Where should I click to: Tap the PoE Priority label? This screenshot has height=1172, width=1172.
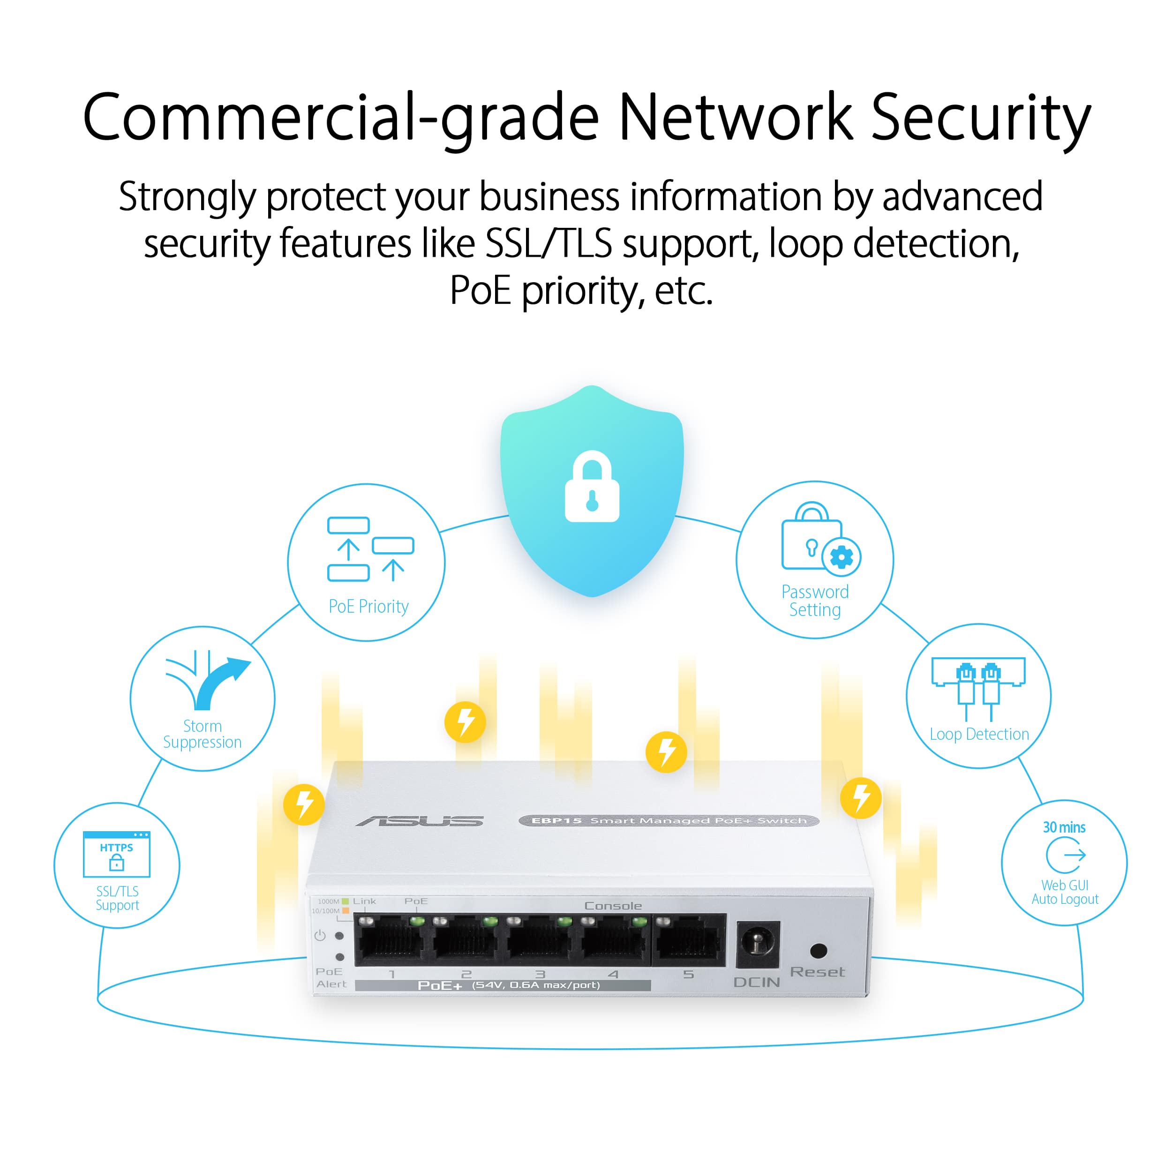(368, 606)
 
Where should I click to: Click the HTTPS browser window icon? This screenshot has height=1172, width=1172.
(116, 854)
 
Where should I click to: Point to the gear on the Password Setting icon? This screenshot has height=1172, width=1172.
(841, 557)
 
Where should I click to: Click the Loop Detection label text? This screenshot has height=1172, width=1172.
(979, 734)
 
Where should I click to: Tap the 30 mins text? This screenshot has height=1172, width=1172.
(1064, 827)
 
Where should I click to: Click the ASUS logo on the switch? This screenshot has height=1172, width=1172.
(420, 821)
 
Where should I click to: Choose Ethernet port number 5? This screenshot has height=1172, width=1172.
(689, 941)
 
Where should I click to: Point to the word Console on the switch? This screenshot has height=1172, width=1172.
(613, 906)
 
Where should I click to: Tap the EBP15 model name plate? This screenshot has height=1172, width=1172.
(669, 821)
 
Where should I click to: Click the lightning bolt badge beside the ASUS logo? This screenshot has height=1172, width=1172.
(304, 804)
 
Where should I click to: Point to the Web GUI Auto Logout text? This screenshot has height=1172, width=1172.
(1065, 892)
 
